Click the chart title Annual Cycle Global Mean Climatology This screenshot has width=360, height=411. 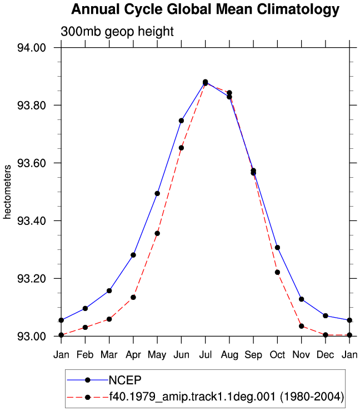coord(206,9)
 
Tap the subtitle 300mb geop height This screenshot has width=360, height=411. coord(117,32)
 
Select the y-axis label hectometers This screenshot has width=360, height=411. coord(7,192)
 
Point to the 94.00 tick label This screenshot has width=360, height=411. coord(32,48)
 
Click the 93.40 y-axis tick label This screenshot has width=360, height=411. coord(32,220)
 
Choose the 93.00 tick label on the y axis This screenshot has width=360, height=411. coord(32,336)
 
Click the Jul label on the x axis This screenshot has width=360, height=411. coord(206,355)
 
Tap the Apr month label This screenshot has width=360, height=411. coord(133,355)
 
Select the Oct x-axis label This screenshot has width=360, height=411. coord(277,355)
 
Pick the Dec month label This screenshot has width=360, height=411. coord(326,355)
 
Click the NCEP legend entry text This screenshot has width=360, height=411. coord(125,380)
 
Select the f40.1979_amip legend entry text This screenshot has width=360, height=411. coord(227,397)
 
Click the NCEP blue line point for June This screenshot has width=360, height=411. coord(181,121)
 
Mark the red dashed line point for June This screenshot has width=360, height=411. coord(181,148)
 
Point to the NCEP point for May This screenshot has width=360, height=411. coord(157,193)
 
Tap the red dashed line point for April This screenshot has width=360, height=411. coord(133,297)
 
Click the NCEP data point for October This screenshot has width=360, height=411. coord(277,248)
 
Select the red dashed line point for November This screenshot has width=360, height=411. coord(302,326)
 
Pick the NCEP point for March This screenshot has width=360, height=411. coord(109,290)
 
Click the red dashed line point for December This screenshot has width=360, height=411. coord(326,335)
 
